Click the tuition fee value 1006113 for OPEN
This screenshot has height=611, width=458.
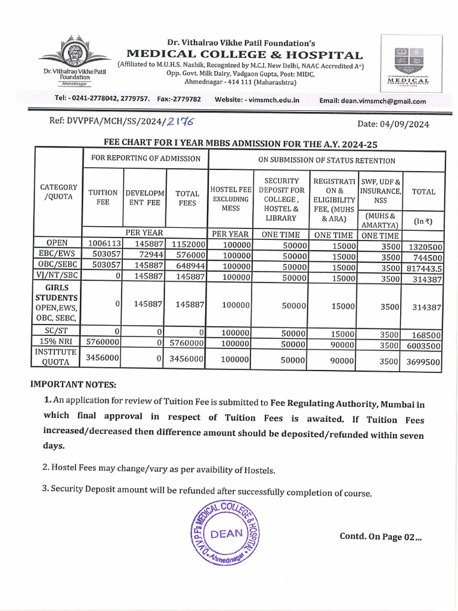(x=105, y=243)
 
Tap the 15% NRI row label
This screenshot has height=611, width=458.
(x=58, y=341)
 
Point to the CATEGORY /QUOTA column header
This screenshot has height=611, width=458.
(x=58, y=192)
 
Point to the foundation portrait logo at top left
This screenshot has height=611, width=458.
(x=75, y=55)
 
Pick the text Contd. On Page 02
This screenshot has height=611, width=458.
(x=380, y=536)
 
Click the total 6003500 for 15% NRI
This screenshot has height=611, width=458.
(x=425, y=345)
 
